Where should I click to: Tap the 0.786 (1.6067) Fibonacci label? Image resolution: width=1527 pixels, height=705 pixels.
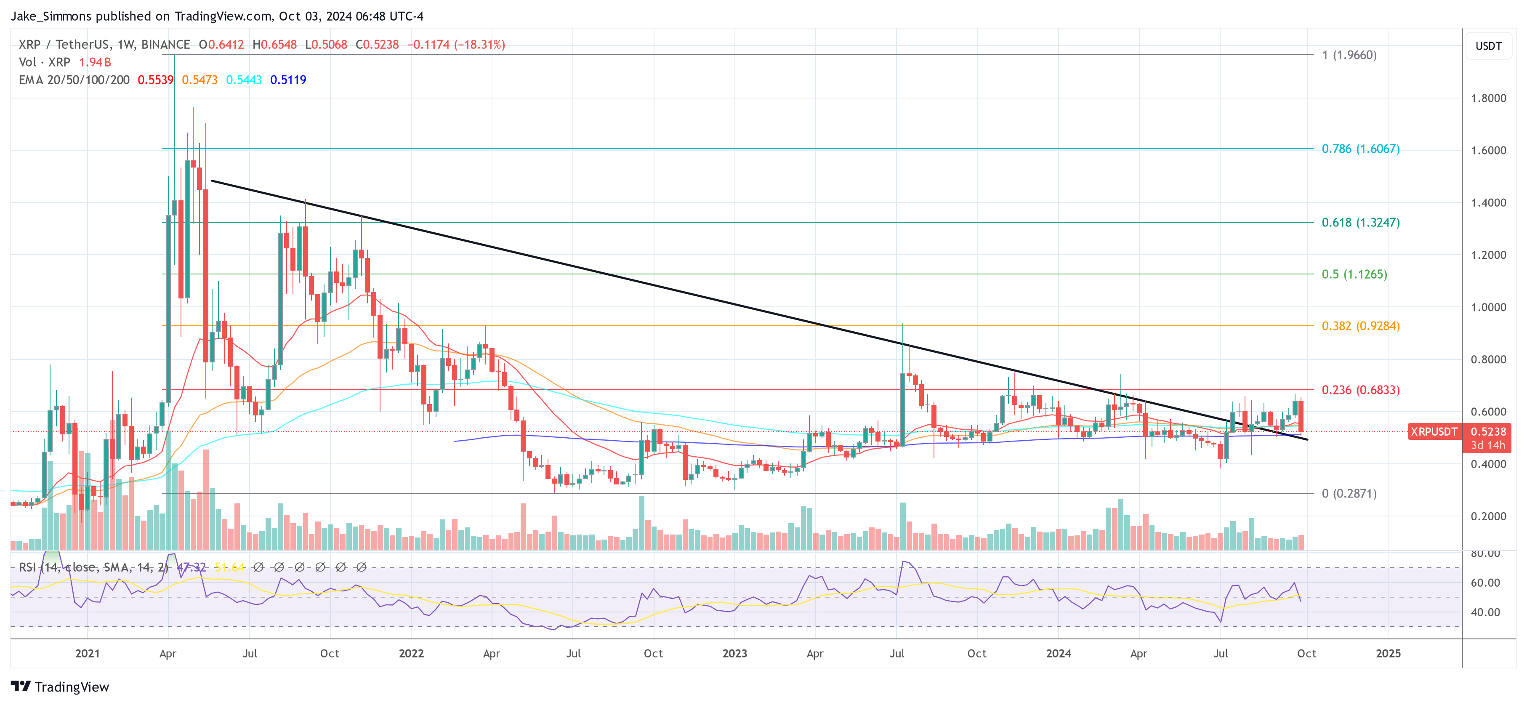(1360, 149)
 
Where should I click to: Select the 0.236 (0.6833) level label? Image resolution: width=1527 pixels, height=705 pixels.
(1360, 390)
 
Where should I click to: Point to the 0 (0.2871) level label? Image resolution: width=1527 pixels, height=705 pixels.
(1349, 493)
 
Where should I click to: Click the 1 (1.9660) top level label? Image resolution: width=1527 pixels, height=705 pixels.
(1349, 55)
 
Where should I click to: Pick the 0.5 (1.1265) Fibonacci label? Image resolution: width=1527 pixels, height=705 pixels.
(1354, 274)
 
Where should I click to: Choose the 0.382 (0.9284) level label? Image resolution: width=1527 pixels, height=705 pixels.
(1360, 326)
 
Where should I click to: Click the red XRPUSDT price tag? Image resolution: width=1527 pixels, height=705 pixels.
(1433, 432)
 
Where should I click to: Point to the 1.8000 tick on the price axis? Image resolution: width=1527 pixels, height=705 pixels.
(1488, 98)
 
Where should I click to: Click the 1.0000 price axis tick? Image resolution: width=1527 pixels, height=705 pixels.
(1488, 307)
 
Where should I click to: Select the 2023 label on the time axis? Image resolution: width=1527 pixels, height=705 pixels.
(734, 653)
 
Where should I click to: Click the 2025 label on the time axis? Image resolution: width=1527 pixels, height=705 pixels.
(1388, 653)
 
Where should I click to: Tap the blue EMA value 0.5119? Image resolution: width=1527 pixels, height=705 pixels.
(288, 80)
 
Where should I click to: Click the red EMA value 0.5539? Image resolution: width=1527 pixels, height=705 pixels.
(155, 80)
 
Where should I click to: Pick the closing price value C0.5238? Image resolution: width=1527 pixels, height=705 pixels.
(377, 45)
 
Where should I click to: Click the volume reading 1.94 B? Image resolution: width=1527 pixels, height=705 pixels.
(95, 62)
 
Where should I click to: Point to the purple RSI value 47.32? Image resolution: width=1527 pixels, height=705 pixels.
(192, 567)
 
